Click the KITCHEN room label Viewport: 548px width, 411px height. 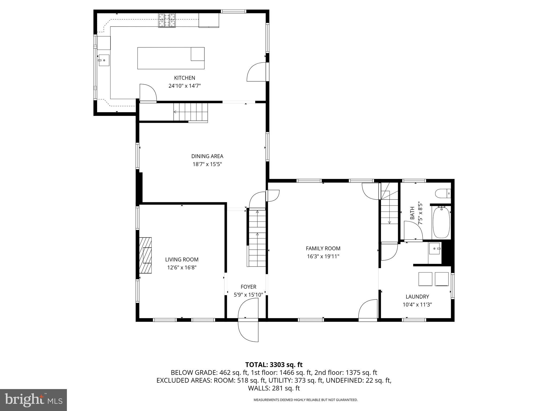pos(184,78)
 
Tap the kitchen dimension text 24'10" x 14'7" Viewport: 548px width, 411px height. pos(184,86)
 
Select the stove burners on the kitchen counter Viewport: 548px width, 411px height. pos(167,20)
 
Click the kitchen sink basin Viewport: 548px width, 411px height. pos(104,60)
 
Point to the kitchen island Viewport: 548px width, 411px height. pos(171,58)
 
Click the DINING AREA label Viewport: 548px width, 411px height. pos(207,156)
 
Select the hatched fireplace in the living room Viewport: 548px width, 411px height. pos(145,255)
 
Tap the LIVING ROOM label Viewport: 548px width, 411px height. pos(182,260)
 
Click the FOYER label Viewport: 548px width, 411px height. pos(248,287)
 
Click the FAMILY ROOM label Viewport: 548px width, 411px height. pos(323,248)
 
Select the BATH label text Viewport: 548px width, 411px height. pos(412,213)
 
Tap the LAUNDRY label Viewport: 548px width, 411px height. pos(417,296)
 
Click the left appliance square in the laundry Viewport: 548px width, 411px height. pos(425,279)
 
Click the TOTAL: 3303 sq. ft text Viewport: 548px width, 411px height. pos(274,364)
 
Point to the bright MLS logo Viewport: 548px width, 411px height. pos(33,400)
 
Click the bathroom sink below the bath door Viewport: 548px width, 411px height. pos(435,249)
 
